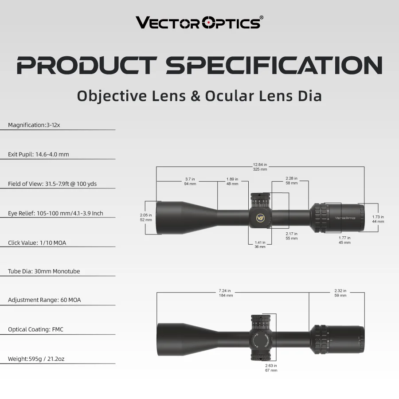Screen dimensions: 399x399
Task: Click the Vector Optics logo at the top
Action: point(199,22)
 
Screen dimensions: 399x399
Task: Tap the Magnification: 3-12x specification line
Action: point(34,125)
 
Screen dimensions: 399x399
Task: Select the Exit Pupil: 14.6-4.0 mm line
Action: point(39,154)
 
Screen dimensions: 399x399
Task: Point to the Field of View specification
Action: point(52,184)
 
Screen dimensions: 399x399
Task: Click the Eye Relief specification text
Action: point(55,213)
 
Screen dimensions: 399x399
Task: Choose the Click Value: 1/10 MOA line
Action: point(37,243)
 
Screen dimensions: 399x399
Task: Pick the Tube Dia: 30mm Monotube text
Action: point(44,271)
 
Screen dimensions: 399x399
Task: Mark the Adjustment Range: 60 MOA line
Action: point(44,300)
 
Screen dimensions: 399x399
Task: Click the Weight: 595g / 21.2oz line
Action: point(36,359)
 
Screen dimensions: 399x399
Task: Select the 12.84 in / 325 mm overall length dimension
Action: point(260,167)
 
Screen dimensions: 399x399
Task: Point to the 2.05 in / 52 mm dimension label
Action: point(146,217)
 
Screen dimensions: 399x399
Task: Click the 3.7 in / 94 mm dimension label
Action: point(190,181)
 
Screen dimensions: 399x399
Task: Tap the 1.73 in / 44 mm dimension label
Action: point(378,219)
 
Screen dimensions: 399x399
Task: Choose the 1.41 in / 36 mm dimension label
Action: point(260,244)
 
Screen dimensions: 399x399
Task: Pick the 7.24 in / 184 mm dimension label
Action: point(226,293)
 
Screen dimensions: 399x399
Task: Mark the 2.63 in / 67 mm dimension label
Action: point(271,368)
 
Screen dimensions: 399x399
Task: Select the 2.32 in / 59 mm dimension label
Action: point(340,293)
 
